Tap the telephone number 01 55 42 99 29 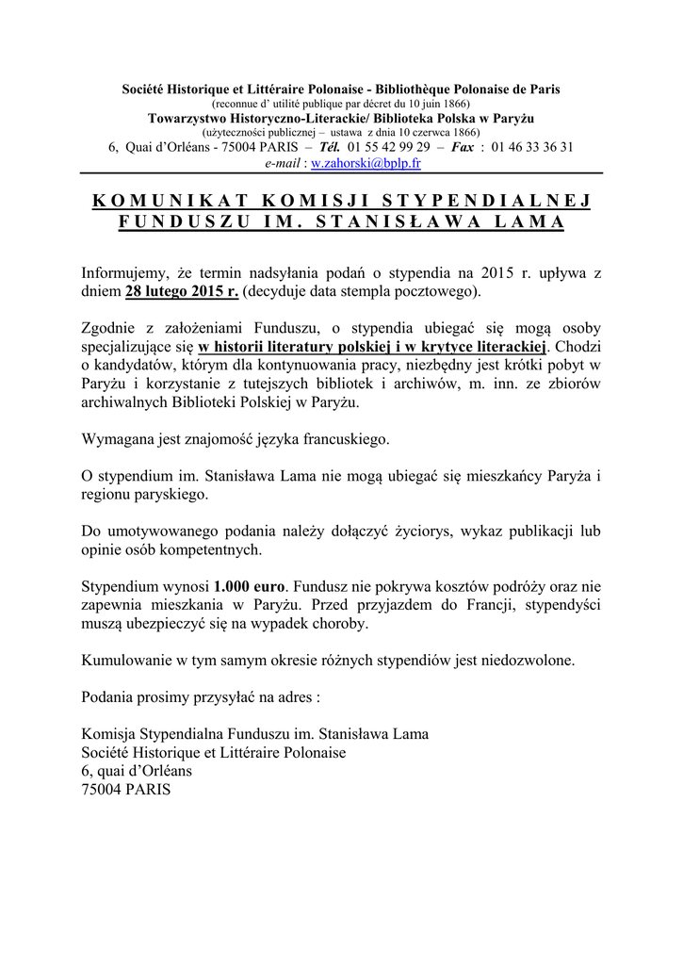(x=388, y=148)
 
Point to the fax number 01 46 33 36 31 (x=532, y=148)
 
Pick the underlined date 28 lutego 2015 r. (x=182, y=291)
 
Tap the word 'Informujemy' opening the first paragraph (x=124, y=273)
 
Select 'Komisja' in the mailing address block (x=108, y=734)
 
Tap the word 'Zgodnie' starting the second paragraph (x=109, y=328)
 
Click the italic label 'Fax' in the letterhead (x=463, y=148)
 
